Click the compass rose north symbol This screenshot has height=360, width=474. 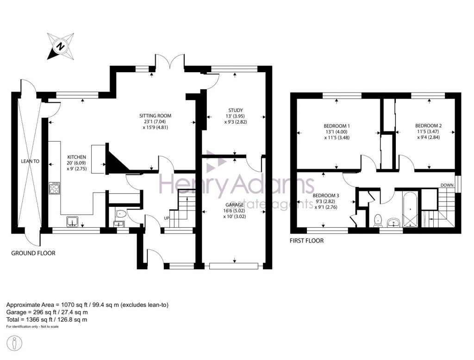[x=60, y=46]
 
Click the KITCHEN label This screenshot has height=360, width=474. [x=77, y=157]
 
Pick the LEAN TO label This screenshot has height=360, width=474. [x=30, y=161]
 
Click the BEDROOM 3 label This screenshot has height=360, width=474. [x=326, y=195]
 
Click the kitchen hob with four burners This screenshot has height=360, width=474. [x=55, y=188]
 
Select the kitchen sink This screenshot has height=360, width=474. [x=73, y=222]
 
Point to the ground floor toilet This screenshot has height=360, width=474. [x=121, y=214]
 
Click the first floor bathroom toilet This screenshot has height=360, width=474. [x=377, y=218]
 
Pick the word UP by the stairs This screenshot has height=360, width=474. [x=166, y=218]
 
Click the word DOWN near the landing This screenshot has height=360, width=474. [x=447, y=185]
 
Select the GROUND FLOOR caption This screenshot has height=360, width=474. [x=33, y=253]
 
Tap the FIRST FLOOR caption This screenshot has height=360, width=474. [x=306, y=241]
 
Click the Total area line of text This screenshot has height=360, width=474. [x=46, y=319]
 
